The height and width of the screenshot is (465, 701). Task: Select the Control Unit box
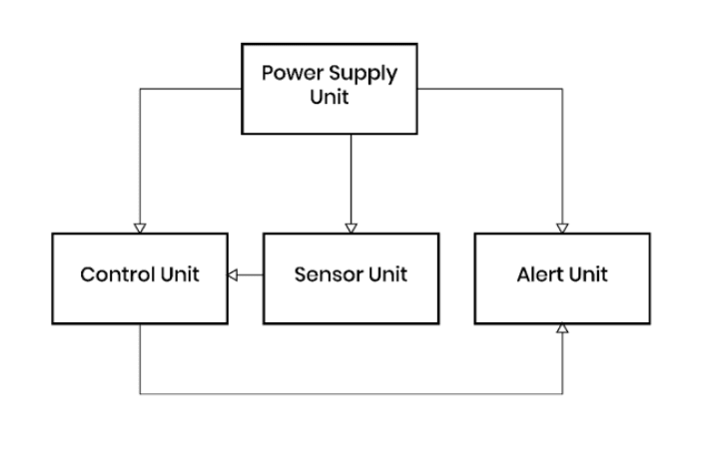click(x=139, y=277)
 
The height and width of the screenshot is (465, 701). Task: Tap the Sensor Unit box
click(x=350, y=277)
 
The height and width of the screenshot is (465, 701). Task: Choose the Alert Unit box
click(x=562, y=277)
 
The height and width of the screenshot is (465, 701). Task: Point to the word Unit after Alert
click(x=589, y=275)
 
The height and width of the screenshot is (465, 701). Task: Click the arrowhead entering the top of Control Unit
click(x=140, y=228)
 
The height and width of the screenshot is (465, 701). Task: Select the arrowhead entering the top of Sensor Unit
click(x=350, y=228)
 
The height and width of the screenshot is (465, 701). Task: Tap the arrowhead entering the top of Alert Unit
click(x=563, y=228)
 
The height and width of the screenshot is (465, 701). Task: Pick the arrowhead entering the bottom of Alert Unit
click(x=563, y=329)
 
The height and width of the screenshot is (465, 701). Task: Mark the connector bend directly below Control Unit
click(x=140, y=393)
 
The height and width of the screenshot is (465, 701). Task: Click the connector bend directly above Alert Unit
click(x=563, y=88)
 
